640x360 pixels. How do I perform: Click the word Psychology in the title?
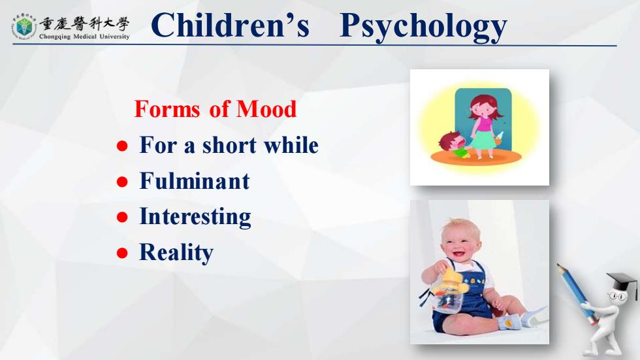click(x=423, y=26)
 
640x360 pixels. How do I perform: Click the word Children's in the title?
click(x=230, y=25)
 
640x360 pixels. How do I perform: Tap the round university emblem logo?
click(x=24, y=26)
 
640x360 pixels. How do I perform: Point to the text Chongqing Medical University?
click(x=84, y=37)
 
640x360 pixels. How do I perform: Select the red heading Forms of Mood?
click(x=215, y=109)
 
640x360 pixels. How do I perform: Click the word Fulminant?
click(x=195, y=181)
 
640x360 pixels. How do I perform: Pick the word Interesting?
click(x=195, y=217)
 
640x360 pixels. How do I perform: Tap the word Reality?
click(x=176, y=252)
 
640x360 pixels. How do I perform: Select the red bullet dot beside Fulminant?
click(x=122, y=182)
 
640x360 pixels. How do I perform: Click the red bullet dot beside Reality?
click(x=122, y=253)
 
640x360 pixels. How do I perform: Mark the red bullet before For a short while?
click(x=122, y=146)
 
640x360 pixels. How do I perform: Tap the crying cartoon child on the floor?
click(x=455, y=144)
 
